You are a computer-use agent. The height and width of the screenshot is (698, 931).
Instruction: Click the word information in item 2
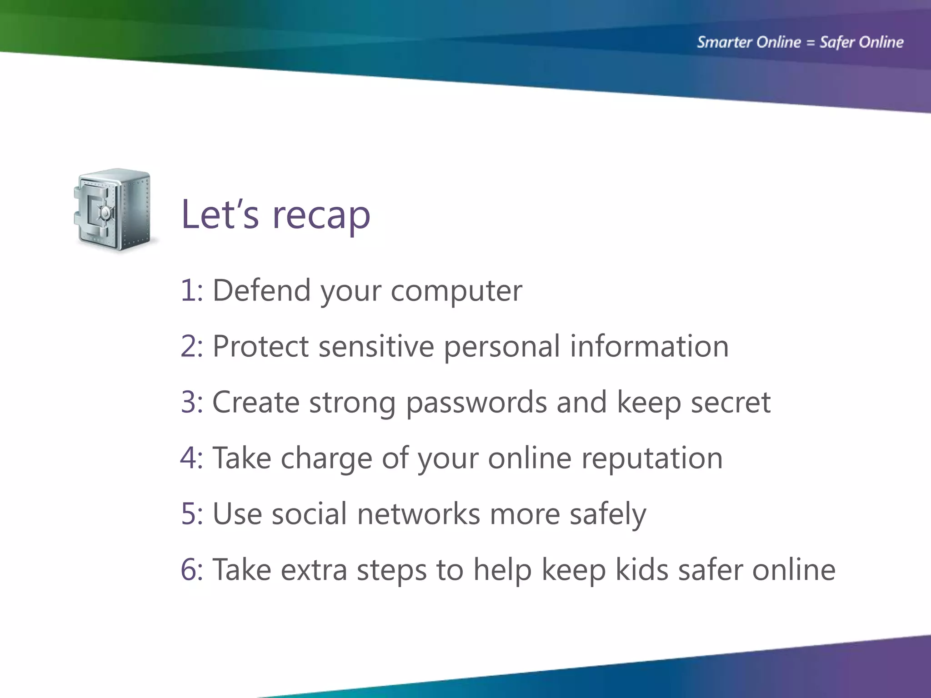click(x=649, y=346)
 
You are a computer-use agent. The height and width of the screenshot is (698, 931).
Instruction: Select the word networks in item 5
click(x=418, y=514)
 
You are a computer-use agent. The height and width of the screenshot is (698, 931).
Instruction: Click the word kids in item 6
click(x=641, y=570)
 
